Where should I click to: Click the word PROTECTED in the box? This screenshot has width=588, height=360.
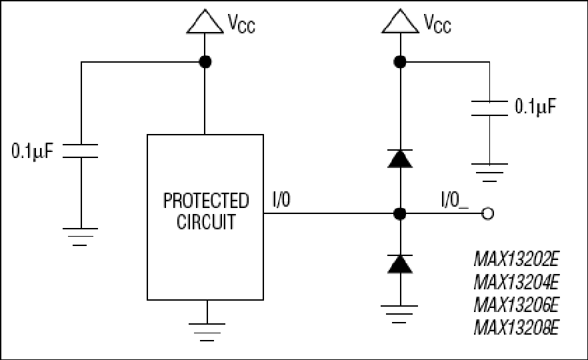[206, 201]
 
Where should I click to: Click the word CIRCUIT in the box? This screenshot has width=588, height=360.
[206, 221]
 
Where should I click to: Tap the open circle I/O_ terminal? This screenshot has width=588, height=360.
[487, 214]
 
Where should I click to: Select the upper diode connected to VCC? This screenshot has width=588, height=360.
[400, 158]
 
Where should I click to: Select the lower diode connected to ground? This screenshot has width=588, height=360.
[400, 263]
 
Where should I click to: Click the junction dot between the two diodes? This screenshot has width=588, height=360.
[400, 214]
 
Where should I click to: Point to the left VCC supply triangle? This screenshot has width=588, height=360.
[205, 22]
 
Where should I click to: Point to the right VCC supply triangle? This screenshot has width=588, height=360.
[400, 21]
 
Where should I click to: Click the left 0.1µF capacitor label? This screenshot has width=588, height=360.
[33, 151]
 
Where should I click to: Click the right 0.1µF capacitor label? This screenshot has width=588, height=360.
[535, 107]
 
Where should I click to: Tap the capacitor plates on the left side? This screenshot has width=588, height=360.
[80, 151]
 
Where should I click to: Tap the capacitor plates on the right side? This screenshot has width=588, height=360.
[489, 109]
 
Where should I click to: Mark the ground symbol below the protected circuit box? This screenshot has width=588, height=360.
[207, 332]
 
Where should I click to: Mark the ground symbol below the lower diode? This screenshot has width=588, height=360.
[399, 314]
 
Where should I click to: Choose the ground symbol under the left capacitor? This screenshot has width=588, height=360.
[80, 237]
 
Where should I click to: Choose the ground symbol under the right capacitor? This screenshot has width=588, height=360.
[489, 173]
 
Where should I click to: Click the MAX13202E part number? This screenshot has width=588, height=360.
[517, 259]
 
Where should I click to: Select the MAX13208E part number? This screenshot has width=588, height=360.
[517, 327]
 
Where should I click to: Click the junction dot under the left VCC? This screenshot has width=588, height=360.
[205, 62]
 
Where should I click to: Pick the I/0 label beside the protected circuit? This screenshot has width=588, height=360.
[281, 199]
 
